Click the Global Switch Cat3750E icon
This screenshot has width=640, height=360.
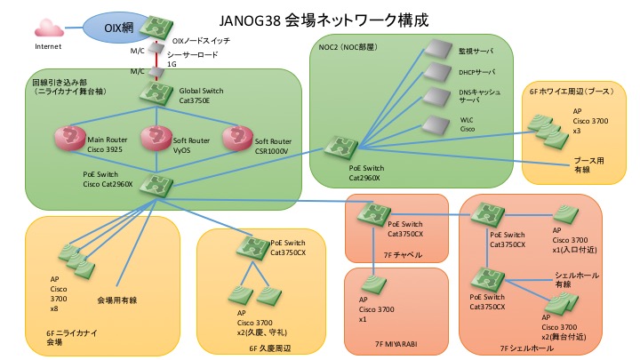pyautogui.click(x=157, y=92)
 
